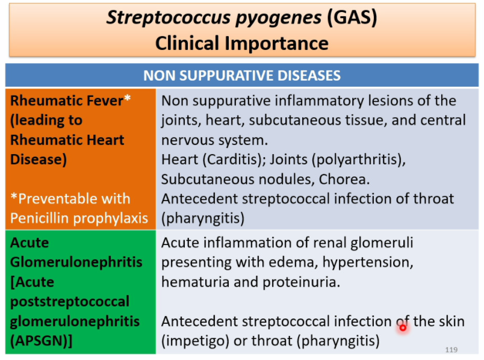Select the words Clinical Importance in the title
coord(242,43)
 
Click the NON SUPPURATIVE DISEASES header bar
coord(242,76)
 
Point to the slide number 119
coord(451,350)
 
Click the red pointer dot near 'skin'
coord(403,327)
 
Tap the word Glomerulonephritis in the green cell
coord(76,262)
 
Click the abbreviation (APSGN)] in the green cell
coord(42,341)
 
